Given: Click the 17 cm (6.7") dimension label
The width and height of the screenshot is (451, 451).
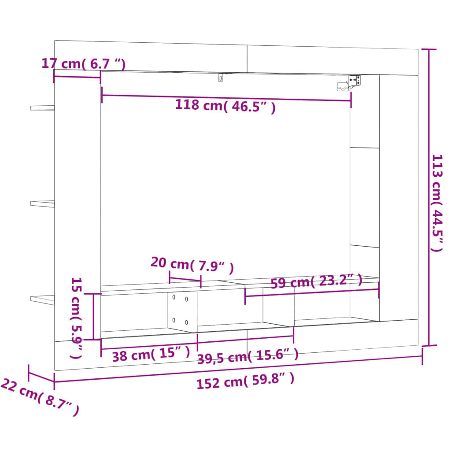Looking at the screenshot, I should [83, 63].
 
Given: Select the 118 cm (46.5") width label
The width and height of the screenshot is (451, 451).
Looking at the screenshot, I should [225, 106].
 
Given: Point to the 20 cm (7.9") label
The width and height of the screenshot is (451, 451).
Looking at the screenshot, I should [192, 265].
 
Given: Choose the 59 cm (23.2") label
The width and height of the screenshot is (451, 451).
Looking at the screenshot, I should [316, 281].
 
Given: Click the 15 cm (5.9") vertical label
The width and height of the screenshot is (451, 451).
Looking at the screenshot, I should [77, 317].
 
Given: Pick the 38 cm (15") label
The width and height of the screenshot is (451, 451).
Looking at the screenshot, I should [151, 355].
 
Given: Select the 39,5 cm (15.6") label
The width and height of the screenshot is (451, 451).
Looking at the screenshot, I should [248, 356].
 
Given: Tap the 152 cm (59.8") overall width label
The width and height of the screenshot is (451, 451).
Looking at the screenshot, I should [245, 381].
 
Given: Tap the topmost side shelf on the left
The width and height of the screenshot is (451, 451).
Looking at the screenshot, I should [42, 107].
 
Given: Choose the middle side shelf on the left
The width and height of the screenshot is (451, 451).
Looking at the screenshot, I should [42, 203].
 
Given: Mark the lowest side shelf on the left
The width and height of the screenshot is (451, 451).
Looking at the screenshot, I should [42, 299].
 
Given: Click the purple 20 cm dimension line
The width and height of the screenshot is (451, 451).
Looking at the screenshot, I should [185, 280].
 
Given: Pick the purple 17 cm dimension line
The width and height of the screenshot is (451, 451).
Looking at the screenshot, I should [77, 76].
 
